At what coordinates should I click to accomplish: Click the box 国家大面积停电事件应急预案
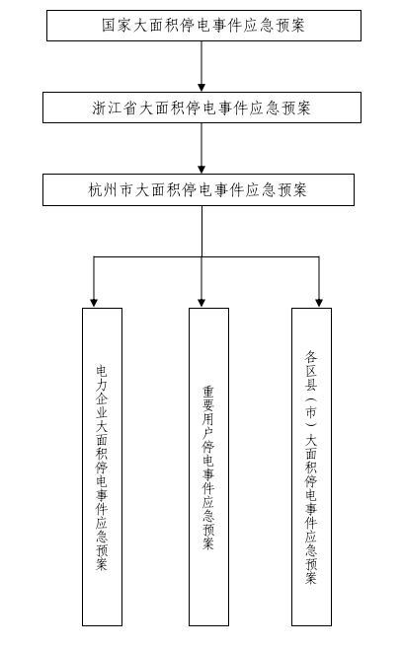(203, 26)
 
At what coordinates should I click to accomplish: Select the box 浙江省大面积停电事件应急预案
(201, 108)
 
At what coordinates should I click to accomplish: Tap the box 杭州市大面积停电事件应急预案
(199, 190)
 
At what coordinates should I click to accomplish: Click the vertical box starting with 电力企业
(102, 467)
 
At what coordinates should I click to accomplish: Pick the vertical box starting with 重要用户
(208, 467)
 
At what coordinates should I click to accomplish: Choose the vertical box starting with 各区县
(312, 467)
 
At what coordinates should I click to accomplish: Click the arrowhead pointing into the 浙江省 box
(201, 88)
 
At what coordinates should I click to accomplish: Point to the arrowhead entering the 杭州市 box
(201, 170)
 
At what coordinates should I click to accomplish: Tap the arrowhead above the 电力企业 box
(94, 303)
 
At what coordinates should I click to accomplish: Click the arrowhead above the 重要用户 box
(201, 303)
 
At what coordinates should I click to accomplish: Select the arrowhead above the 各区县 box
(319, 303)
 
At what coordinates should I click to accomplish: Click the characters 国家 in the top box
(116, 26)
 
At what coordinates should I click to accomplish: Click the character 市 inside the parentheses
(311, 412)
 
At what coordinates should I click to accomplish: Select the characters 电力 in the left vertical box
(102, 378)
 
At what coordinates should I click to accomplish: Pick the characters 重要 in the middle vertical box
(208, 398)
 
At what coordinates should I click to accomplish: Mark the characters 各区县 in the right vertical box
(311, 371)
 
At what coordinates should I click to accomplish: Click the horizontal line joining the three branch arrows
(206, 256)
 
